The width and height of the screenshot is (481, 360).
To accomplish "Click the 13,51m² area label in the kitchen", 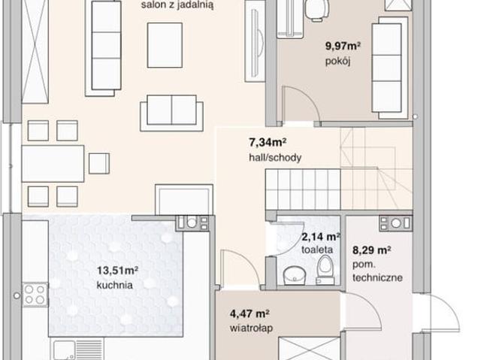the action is (117, 271).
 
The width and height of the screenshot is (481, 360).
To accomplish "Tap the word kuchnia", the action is (115, 285).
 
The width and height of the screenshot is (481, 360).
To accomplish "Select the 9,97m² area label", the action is (343, 47).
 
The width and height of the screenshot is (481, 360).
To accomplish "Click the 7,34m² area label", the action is (267, 143).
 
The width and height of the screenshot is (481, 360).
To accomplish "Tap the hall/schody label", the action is (275, 158).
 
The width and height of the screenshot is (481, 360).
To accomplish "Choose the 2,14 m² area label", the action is (321, 237).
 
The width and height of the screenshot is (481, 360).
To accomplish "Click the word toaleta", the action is (317, 250).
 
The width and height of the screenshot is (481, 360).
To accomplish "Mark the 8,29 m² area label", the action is (371, 250).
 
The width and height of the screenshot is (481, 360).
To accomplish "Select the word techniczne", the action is (377, 277).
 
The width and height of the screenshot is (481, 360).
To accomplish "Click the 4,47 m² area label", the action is (250, 313).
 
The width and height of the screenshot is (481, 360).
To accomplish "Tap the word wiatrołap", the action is (251, 328).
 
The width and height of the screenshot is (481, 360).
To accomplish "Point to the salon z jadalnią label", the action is (177, 5).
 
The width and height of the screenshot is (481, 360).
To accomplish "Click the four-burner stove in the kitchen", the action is (35, 295).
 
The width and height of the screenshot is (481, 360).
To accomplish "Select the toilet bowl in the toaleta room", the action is (325, 269).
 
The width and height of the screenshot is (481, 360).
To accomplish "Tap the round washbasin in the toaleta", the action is (295, 274).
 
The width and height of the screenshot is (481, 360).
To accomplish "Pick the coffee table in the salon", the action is (165, 45).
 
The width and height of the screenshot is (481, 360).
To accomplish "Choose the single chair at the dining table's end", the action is (99, 163).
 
